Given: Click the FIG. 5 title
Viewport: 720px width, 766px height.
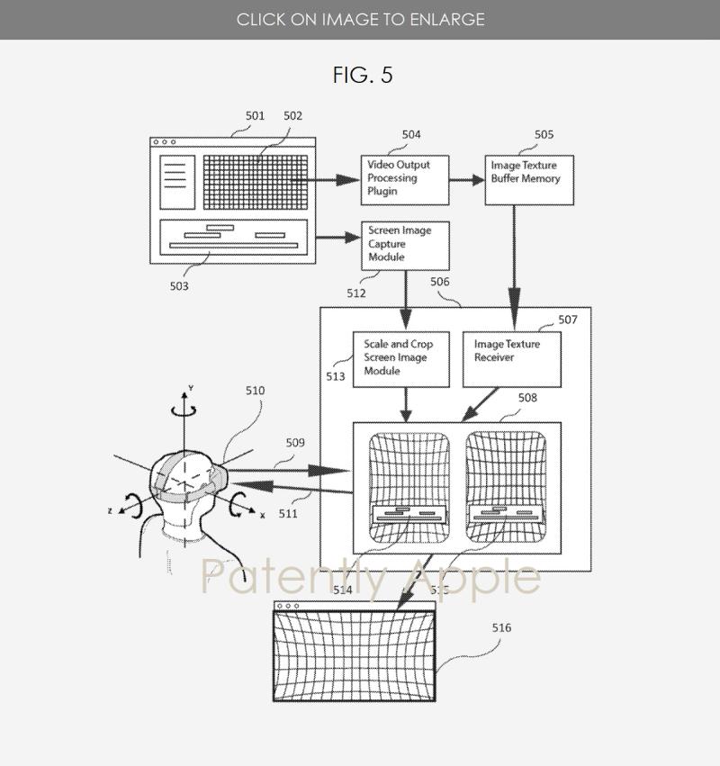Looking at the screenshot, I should pyautogui.click(x=363, y=75).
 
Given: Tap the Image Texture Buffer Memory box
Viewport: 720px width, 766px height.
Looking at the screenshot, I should pyautogui.click(x=529, y=179).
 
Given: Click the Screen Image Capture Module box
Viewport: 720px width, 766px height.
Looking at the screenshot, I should pyautogui.click(x=404, y=245).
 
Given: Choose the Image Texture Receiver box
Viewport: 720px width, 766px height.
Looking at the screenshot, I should pyautogui.click(x=512, y=358).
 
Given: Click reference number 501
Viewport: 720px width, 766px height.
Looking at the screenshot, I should pyautogui.click(x=255, y=116).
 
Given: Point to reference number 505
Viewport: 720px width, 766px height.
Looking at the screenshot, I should pyautogui.click(x=544, y=135).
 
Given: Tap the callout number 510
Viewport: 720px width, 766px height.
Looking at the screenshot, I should pyautogui.click(x=255, y=391).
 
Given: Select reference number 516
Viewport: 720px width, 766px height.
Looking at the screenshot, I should pyautogui.click(x=501, y=628).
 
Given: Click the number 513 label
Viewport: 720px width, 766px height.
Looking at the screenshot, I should pyautogui.click(x=336, y=377).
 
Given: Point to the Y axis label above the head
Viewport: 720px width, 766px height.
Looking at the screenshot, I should pyautogui.click(x=188, y=388).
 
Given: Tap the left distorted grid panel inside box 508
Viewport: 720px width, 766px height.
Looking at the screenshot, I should pyautogui.click(x=409, y=487).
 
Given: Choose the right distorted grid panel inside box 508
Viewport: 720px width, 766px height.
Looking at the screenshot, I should pyautogui.click(x=506, y=487).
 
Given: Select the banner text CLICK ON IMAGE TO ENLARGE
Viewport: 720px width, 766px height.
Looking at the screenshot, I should pyautogui.click(x=360, y=19).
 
